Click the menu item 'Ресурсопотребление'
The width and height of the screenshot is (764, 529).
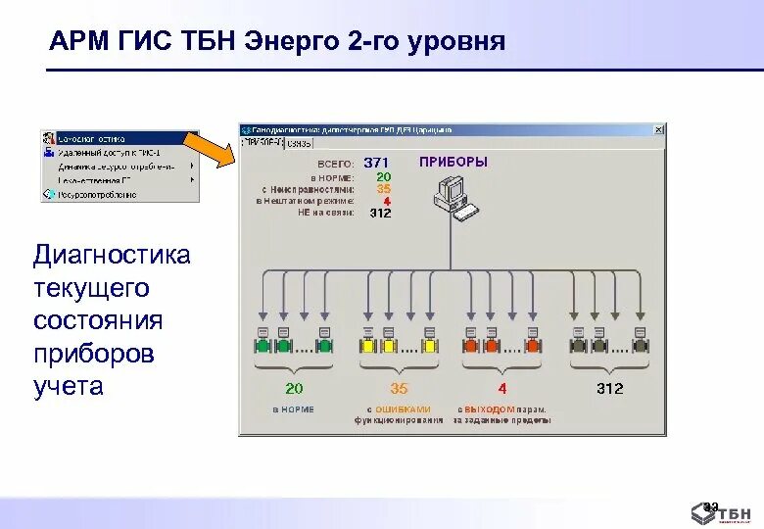click(x=98, y=194)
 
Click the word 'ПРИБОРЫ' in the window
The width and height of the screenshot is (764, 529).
click(x=454, y=162)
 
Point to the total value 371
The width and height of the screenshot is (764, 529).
click(x=376, y=163)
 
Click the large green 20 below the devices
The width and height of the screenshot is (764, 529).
click(x=294, y=389)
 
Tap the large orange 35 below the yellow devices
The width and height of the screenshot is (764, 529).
click(x=399, y=389)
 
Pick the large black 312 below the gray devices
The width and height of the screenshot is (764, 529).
click(x=609, y=389)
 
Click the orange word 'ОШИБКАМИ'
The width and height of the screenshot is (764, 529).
click(x=409, y=409)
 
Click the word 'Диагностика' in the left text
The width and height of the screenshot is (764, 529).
click(x=112, y=257)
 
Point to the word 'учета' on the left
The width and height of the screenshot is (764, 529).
click(x=68, y=386)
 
